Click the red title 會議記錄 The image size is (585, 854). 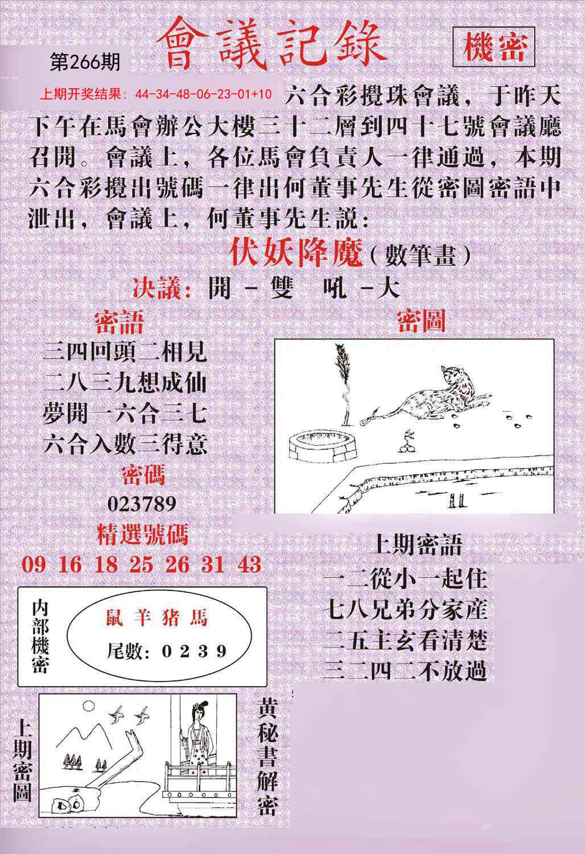pos(271,47)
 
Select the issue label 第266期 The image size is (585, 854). pos(85,62)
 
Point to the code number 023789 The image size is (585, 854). pos(141,503)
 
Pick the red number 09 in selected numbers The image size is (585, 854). pos(33,564)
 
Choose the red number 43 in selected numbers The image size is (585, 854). pos(250,564)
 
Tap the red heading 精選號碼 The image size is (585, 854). pos(142,535)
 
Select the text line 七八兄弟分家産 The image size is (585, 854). pos(405,610)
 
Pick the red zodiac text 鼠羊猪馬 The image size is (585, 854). pos(157,618)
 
